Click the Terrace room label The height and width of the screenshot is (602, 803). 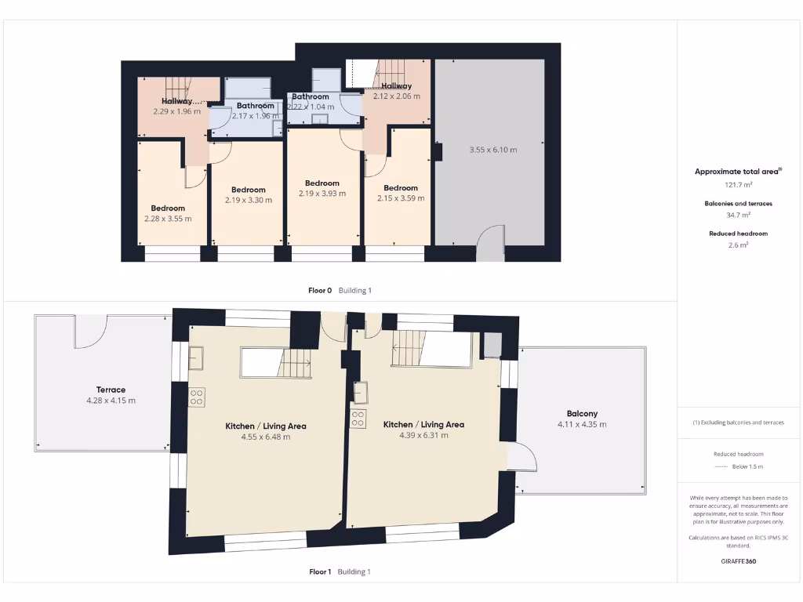pyautogui.click(x=111, y=390)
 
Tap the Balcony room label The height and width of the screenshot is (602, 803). pyautogui.click(x=582, y=414)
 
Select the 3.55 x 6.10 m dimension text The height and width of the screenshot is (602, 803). pyautogui.click(x=492, y=150)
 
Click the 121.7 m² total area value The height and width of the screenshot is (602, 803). pyautogui.click(x=738, y=185)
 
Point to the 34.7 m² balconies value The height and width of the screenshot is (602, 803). pyautogui.click(x=738, y=215)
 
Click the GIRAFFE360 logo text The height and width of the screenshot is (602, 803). pyautogui.click(x=738, y=561)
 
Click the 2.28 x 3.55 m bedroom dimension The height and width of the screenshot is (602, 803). pyautogui.click(x=168, y=219)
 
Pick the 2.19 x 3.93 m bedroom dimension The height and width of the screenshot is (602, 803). pyautogui.click(x=322, y=194)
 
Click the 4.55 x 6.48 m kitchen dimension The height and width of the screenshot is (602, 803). pyautogui.click(x=266, y=437)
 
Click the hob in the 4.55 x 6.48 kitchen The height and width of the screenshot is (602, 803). pyautogui.click(x=196, y=397)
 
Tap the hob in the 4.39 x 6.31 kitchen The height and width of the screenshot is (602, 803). pyautogui.click(x=358, y=419)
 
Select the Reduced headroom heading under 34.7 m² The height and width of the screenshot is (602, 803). pyautogui.click(x=738, y=234)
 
